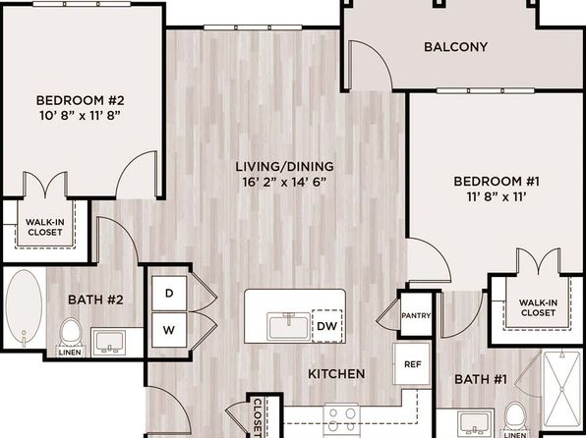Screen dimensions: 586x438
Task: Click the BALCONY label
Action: [x=455, y=47]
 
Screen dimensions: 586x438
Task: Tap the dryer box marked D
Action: [x=169, y=293]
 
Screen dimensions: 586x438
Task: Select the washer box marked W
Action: [x=169, y=330]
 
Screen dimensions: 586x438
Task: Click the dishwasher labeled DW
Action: [x=327, y=326]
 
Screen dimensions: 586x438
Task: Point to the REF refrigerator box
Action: [x=412, y=364]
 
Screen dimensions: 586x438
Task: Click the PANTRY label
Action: [x=416, y=315]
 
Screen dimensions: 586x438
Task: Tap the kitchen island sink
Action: [x=288, y=326]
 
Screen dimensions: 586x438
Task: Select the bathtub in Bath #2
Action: [x=24, y=307]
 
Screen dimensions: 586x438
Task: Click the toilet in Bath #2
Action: [x=71, y=332]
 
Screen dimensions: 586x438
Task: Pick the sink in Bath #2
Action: [x=110, y=343]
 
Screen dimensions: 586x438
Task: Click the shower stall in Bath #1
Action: [x=561, y=390]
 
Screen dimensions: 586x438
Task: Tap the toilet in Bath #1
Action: [x=516, y=416]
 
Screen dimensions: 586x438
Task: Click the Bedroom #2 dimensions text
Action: [x=80, y=116]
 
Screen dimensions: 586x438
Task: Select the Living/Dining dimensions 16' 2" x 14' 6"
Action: [x=284, y=183]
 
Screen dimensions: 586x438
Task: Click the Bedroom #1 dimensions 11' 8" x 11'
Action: [x=497, y=196]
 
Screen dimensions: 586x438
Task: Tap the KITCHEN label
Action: [x=336, y=374]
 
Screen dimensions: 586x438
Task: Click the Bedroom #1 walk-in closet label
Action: [x=538, y=307]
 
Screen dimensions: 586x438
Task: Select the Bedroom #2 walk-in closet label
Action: [x=45, y=227]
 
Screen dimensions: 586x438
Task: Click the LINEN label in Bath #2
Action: [x=70, y=353]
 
